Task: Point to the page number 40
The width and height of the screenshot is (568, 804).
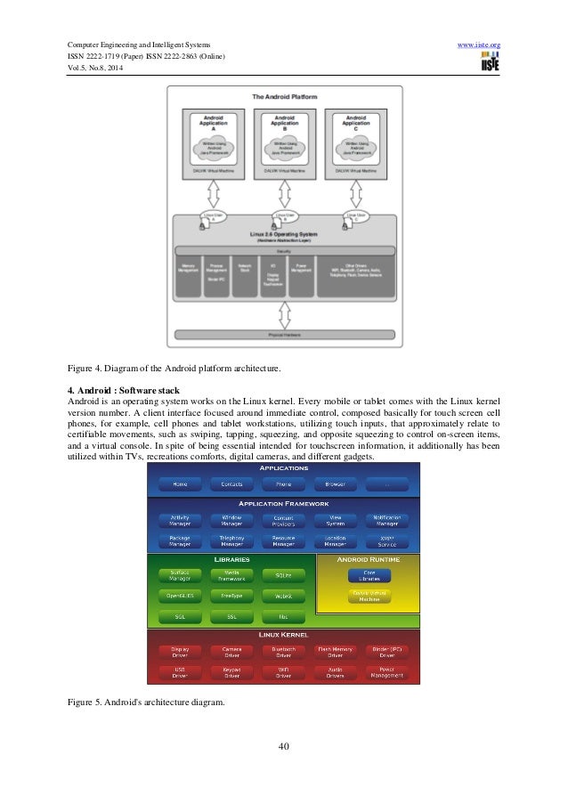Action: pyautogui.click(x=284, y=745)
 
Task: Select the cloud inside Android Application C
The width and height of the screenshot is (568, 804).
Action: pyautogui.click(x=356, y=145)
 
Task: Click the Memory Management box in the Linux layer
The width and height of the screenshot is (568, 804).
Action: pyautogui.click(x=189, y=266)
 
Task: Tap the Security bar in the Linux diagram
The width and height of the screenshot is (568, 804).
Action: pyautogui.click(x=284, y=251)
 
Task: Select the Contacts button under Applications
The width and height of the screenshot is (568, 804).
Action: pyautogui.click(x=231, y=483)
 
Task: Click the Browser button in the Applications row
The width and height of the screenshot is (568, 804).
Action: pyautogui.click(x=336, y=483)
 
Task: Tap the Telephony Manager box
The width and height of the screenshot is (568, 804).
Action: pyautogui.click(x=231, y=540)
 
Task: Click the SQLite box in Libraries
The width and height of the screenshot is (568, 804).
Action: pyautogui.click(x=283, y=576)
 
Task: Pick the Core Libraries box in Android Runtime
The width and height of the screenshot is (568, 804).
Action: pyautogui.click(x=369, y=576)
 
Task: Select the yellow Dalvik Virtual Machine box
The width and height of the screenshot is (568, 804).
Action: pyautogui.click(x=369, y=596)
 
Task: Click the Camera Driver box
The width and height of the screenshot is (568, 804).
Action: pyautogui.click(x=231, y=653)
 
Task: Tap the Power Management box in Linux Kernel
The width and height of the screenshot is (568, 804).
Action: pyautogui.click(x=387, y=673)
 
